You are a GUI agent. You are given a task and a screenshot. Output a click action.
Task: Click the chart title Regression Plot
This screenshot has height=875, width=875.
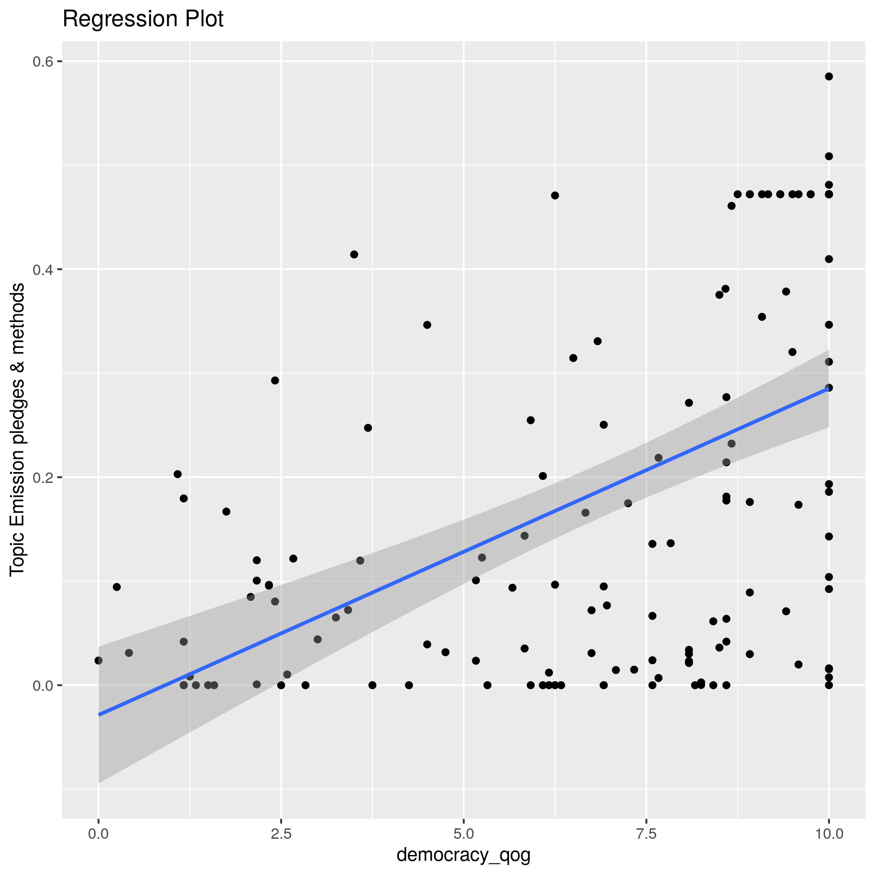[142, 20]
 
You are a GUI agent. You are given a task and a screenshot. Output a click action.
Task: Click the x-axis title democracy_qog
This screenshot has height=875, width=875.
[463, 855]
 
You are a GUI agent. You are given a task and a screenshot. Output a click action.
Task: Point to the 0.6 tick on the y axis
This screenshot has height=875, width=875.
[41, 62]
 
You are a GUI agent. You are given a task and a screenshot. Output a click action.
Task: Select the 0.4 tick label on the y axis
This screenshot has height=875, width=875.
[41, 270]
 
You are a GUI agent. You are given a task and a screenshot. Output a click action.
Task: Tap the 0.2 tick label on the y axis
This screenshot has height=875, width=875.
[41, 477]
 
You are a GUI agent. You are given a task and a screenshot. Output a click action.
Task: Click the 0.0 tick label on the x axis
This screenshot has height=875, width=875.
[98, 834]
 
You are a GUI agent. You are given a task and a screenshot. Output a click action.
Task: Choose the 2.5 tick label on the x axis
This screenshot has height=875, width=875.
[281, 834]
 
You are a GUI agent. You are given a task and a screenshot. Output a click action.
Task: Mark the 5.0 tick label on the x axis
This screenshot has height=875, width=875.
[463, 834]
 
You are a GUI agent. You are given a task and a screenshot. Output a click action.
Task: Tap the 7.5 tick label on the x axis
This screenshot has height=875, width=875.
[646, 834]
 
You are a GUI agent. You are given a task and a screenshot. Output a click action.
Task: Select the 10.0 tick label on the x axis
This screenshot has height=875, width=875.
[828, 834]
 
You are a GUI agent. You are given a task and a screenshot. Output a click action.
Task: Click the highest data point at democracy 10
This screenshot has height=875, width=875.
[829, 77]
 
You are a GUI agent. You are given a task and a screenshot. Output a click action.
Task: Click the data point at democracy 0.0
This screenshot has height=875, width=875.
[98, 661]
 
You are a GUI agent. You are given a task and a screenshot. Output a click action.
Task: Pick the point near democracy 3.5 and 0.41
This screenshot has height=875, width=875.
[354, 255]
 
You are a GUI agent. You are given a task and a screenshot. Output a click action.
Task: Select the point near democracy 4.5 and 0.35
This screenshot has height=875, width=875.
[427, 325]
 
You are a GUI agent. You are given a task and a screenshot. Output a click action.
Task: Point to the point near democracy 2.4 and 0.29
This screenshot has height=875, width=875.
[275, 380]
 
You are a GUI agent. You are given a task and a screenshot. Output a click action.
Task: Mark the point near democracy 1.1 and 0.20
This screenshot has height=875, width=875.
[177, 474]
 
